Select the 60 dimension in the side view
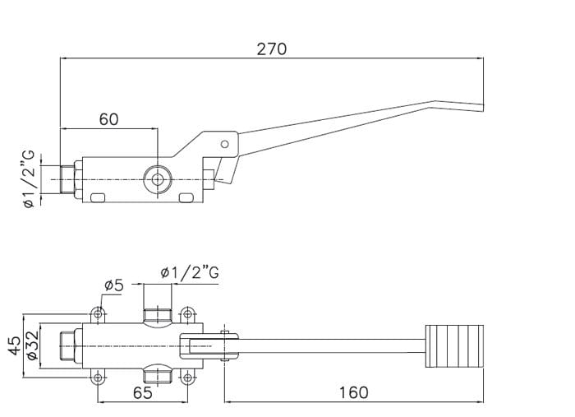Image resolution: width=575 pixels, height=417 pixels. click(108, 119)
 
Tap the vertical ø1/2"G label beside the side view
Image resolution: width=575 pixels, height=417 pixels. click(30, 178)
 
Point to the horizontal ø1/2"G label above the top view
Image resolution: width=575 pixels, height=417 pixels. click(190, 272)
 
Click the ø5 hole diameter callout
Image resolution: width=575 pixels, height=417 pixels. click(113, 286)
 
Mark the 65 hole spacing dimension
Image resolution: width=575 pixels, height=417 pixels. click(142, 393)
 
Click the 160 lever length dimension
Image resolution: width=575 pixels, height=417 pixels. click(353, 393)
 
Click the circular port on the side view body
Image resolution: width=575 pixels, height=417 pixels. click(155, 178)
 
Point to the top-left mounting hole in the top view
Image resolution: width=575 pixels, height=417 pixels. click(99, 313)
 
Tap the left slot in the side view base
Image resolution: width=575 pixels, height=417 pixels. click(99, 198)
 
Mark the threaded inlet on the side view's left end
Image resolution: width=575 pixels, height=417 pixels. click(67, 178)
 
